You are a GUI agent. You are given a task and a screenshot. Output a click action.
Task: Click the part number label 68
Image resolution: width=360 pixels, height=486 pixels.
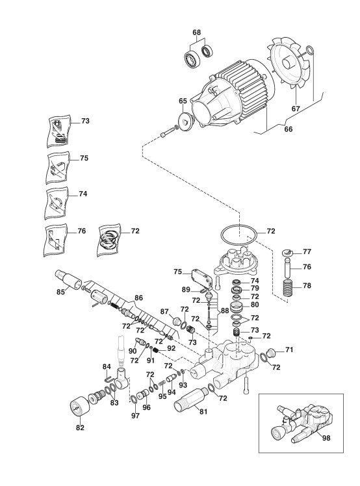(197, 32)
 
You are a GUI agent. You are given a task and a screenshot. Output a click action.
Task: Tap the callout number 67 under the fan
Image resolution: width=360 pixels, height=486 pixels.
(296, 109)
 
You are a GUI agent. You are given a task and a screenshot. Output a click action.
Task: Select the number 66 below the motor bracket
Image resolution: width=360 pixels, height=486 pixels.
(289, 129)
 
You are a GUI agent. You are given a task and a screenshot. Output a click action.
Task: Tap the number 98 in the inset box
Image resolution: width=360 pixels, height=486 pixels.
(326, 438)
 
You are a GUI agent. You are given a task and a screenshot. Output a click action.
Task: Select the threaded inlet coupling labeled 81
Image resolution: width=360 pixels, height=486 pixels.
(191, 397)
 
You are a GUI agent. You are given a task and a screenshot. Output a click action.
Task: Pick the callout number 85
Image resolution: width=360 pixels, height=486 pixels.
(61, 292)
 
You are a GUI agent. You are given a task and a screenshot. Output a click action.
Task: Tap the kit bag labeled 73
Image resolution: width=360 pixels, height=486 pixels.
(59, 131)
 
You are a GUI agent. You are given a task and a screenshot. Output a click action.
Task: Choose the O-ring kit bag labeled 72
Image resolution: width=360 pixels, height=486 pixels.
(109, 240)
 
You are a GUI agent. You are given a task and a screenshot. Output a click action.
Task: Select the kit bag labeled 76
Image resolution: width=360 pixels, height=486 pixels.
(55, 240)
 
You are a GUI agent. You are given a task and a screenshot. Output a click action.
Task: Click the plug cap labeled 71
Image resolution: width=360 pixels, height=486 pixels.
(272, 352)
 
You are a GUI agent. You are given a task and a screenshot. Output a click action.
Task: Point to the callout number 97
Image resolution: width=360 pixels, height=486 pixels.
(135, 416)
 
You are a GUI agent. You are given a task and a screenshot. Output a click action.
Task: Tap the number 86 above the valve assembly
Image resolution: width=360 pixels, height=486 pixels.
(138, 298)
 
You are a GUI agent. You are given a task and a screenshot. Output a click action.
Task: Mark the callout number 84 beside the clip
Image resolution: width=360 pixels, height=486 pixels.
(107, 366)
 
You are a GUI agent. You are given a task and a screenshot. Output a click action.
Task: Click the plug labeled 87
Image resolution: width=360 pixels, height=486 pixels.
(177, 320)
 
